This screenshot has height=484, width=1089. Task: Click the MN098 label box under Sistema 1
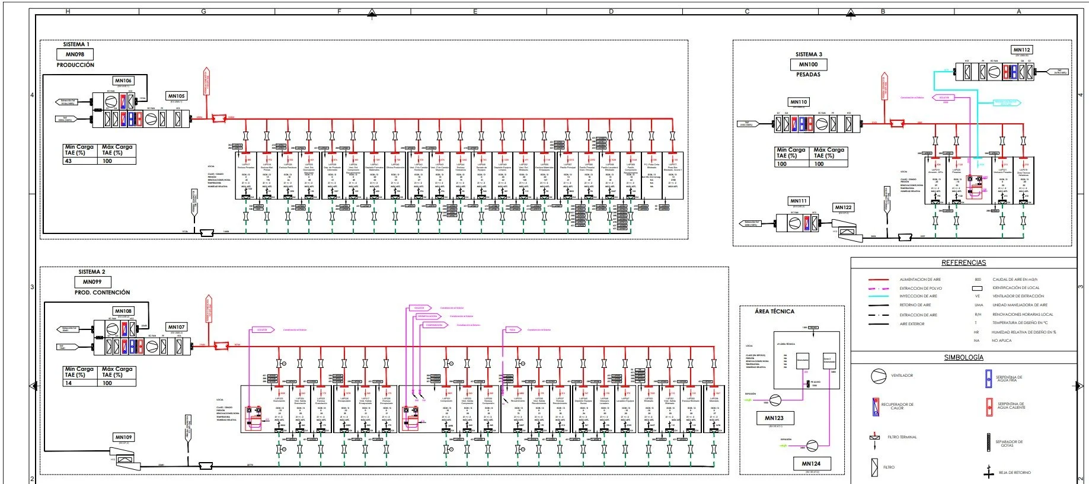point(75,55)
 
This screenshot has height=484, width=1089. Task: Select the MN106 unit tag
point(123,81)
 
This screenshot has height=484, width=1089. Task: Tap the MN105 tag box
point(176,96)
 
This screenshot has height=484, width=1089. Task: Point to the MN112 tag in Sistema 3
point(1021,50)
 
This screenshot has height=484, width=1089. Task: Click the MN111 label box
point(799,201)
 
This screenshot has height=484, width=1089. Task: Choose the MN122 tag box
point(843,207)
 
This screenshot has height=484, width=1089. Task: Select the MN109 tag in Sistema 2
point(124,437)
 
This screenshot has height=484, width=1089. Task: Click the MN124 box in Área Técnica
point(811,464)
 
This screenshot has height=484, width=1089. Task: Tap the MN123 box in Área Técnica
point(774,418)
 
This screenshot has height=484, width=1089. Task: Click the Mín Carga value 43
point(68,161)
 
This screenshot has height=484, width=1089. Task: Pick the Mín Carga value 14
point(68,383)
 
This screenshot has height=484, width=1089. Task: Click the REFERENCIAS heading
point(963,262)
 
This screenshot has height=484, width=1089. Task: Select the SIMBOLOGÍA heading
point(963,357)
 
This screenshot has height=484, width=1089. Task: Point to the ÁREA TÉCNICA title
point(774,311)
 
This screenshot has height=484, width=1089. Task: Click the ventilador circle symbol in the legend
point(878,376)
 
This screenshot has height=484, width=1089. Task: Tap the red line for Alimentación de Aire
point(878,279)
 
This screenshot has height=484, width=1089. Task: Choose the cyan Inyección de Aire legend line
point(878,296)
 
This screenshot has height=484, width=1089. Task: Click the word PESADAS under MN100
point(808,75)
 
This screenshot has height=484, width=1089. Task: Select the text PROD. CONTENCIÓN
point(102,293)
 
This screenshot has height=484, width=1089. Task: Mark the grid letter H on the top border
point(68,11)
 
